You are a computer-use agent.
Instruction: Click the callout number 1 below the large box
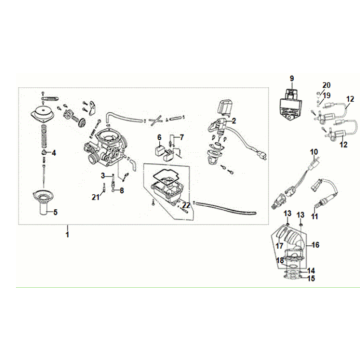(x=67, y=235)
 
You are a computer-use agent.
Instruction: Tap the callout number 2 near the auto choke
(x=234, y=121)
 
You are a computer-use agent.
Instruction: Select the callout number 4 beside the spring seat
(x=54, y=153)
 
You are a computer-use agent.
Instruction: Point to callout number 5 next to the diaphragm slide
(x=55, y=212)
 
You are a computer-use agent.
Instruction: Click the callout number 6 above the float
(x=159, y=137)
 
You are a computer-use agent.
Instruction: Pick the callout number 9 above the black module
(x=292, y=79)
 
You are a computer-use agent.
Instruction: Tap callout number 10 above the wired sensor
(x=314, y=152)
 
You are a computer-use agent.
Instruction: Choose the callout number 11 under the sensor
(x=315, y=216)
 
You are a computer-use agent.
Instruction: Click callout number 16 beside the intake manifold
(x=315, y=245)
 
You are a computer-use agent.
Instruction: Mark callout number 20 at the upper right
(x=326, y=85)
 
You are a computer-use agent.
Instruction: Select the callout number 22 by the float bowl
(x=186, y=205)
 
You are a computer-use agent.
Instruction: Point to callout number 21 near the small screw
(x=96, y=198)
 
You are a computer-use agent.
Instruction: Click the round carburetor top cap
(x=44, y=113)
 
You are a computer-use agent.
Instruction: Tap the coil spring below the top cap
(x=44, y=136)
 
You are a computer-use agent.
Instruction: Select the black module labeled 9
(x=291, y=102)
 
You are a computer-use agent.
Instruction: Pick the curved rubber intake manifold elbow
(x=290, y=242)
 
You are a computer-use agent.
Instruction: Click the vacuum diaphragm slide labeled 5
(x=43, y=203)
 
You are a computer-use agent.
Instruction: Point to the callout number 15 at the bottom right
(x=311, y=278)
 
